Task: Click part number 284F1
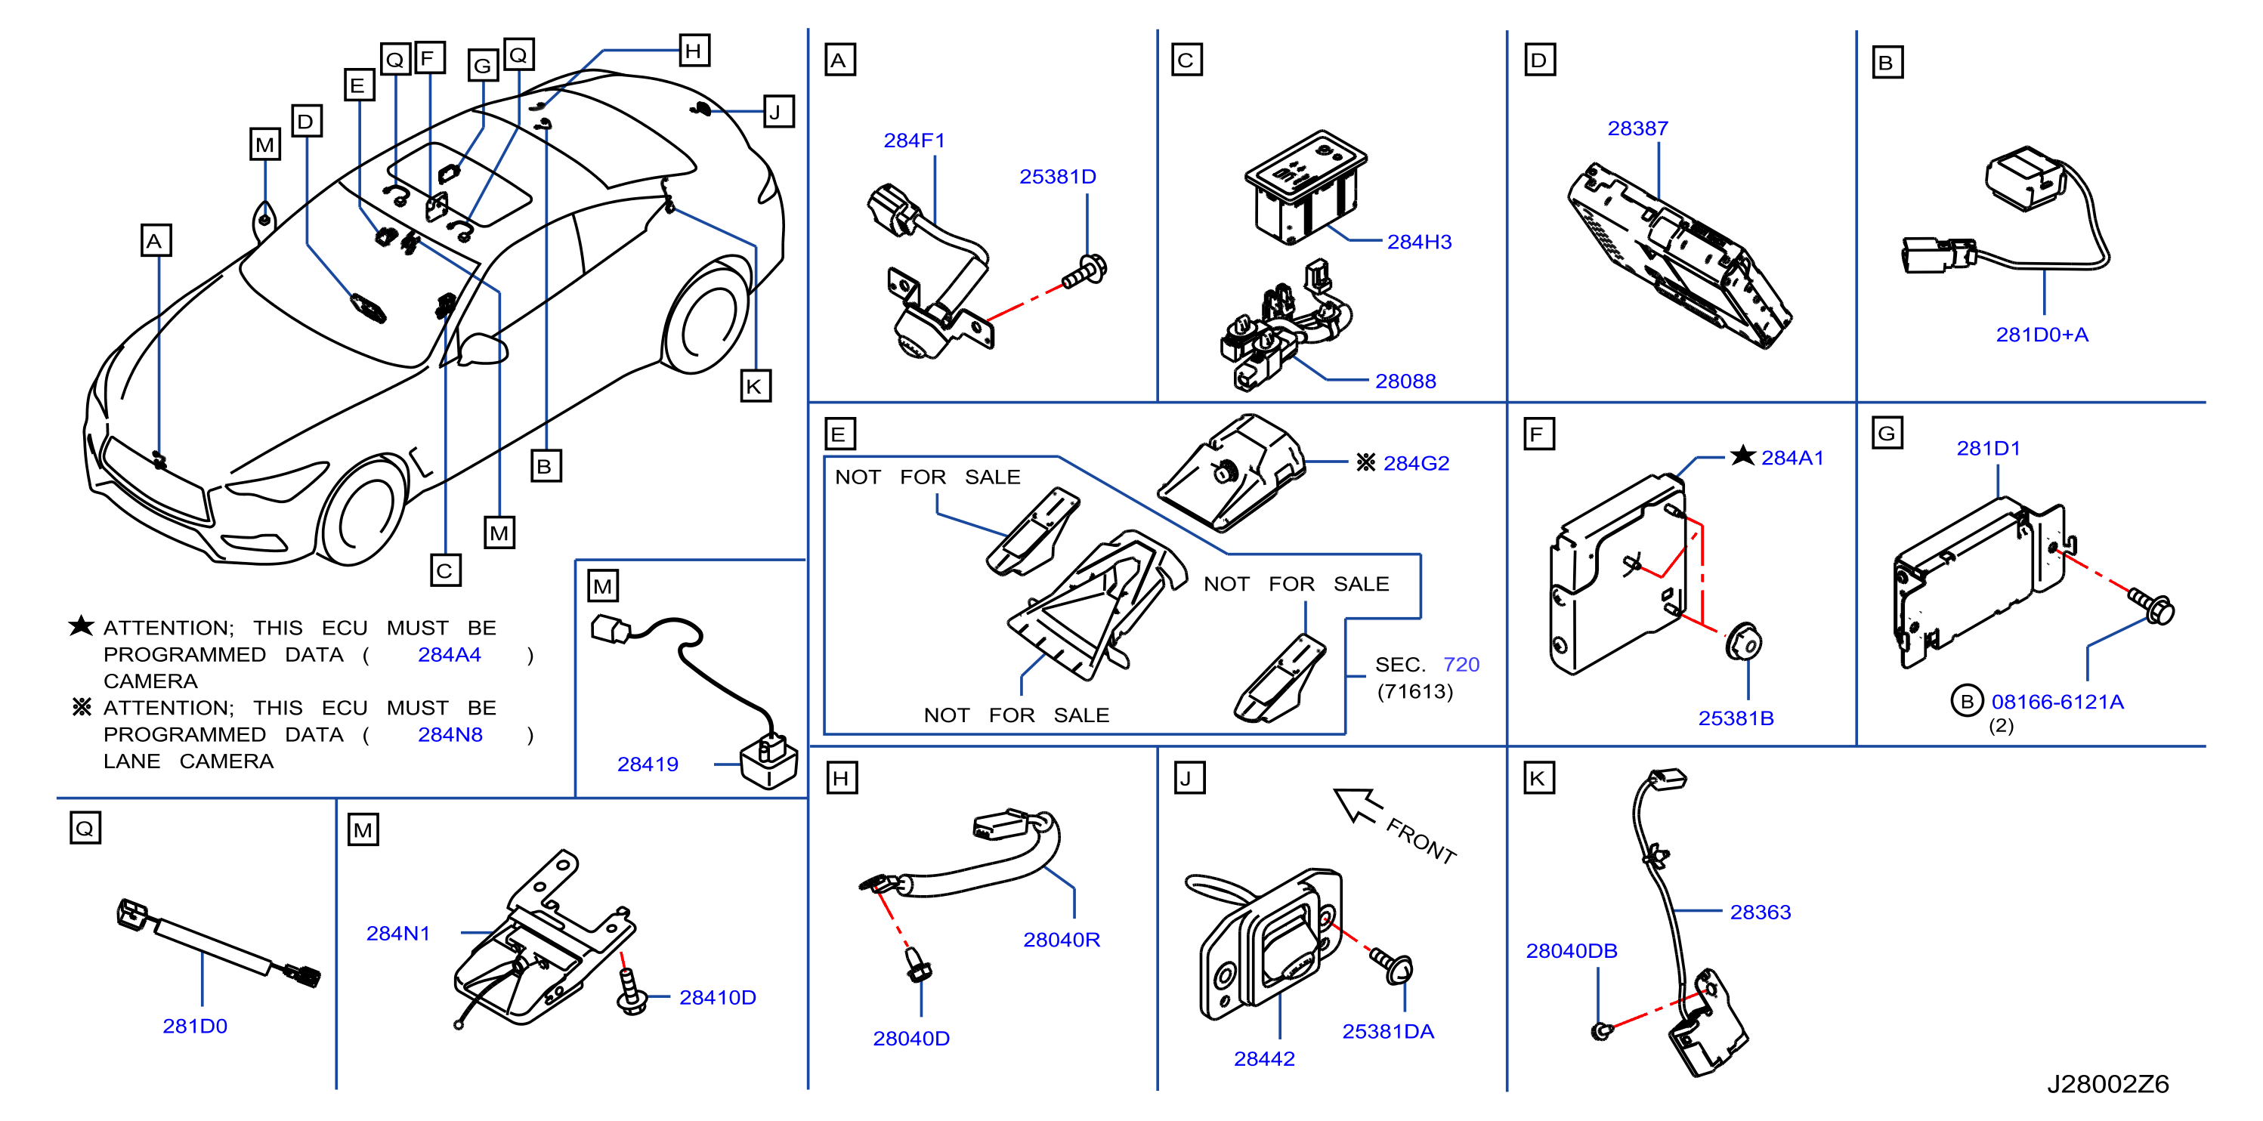click(x=914, y=141)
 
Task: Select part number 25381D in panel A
click(x=1058, y=177)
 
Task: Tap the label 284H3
click(x=1419, y=242)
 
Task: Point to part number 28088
click(x=1405, y=381)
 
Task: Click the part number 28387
click(x=1637, y=128)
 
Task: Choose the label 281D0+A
click(x=2042, y=335)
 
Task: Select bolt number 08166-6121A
click(x=2057, y=702)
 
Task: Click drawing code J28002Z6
click(x=2107, y=1083)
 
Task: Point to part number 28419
click(x=648, y=764)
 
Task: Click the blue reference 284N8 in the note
click(x=450, y=734)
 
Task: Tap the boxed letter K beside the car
click(x=755, y=387)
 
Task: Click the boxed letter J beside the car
click(x=778, y=112)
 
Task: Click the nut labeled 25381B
click(x=1743, y=642)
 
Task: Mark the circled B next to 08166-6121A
click(x=1967, y=701)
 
